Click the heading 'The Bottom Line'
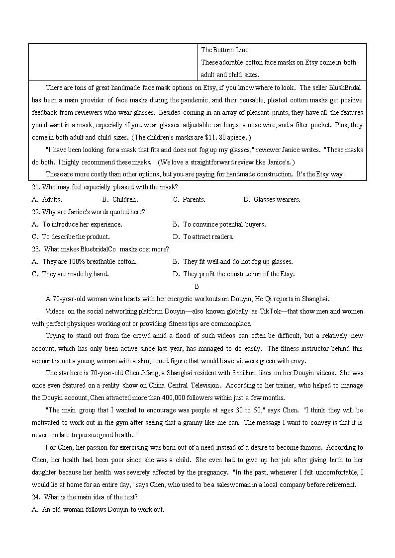(224, 50)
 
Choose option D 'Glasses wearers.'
(272, 199)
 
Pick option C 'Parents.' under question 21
(189, 199)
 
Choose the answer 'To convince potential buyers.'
(224, 224)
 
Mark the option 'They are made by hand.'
(75, 274)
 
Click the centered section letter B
(197, 286)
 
